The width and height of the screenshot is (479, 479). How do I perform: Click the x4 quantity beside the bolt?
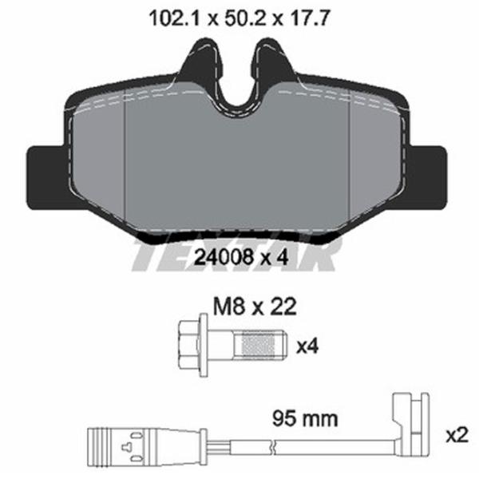pos(307,347)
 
